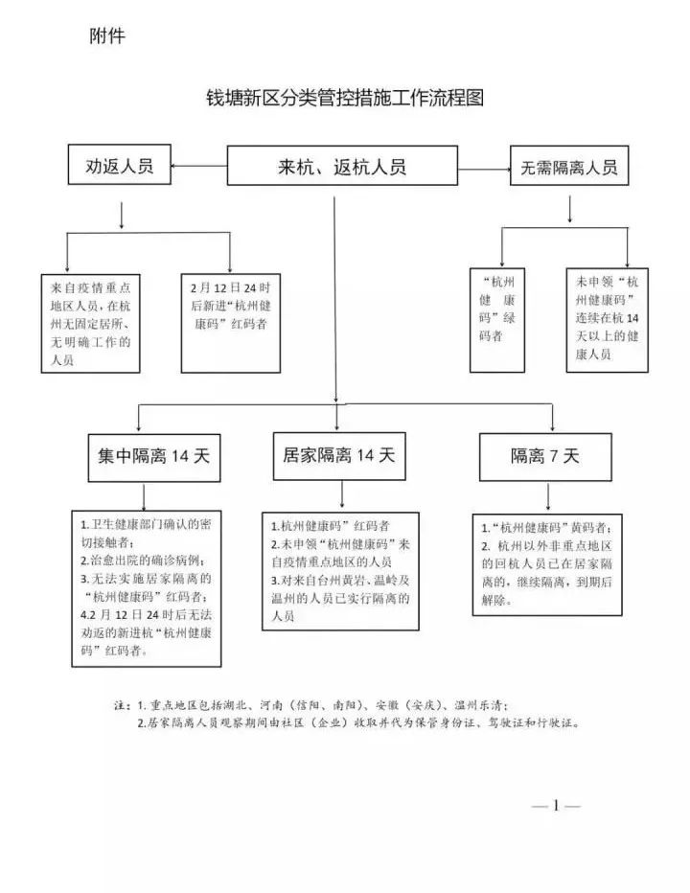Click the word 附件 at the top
tap(107, 36)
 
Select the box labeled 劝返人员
tap(120, 165)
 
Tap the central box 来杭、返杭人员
tap(342, 166)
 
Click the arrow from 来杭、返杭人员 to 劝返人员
tap(198, 166)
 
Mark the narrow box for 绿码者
tap(496, 318)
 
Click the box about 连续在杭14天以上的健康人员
tap(607, 318)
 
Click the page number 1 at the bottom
tap(556, 806)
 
